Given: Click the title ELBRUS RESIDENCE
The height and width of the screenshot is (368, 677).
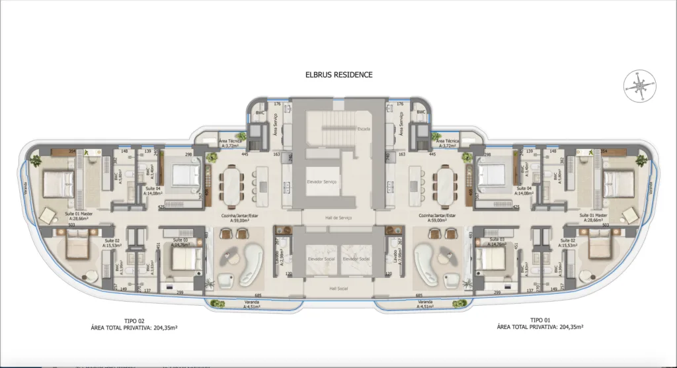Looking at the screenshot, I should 338,75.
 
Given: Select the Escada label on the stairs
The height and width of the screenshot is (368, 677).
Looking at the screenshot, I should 363,128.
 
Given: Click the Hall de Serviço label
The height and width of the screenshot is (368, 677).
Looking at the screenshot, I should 338,218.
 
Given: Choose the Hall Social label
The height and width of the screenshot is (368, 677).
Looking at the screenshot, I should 338,289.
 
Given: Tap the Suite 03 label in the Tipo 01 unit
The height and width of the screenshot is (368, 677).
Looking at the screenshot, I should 498,239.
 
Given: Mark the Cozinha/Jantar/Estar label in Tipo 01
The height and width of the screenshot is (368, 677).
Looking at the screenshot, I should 435,216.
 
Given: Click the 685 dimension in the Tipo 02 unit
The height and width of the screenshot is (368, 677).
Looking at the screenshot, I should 257,295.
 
